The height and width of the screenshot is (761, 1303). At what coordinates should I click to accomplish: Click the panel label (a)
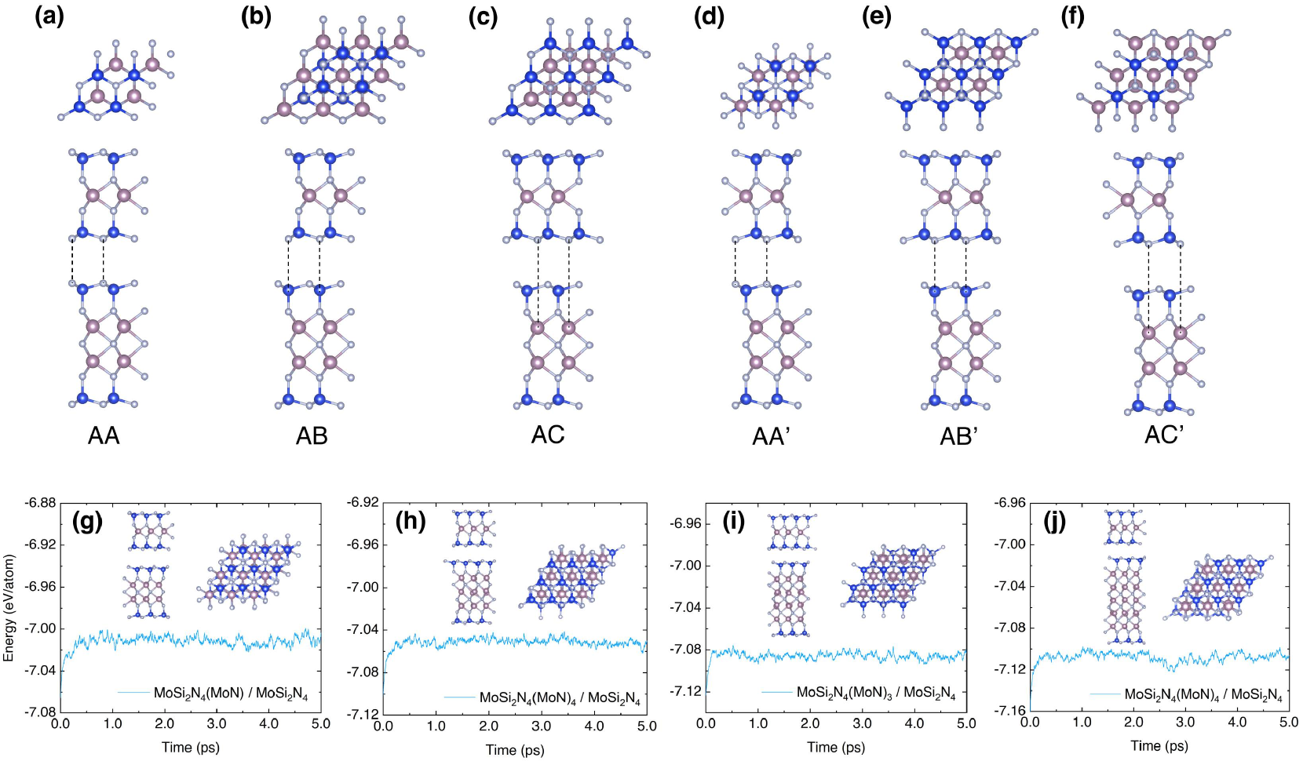(x=49, y=16)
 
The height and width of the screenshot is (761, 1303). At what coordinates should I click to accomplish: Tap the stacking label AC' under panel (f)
(x=1164, y=434)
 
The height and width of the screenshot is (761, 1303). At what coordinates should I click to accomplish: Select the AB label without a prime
(x=312, y=436)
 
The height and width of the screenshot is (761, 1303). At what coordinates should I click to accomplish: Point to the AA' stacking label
(x=771, y=436)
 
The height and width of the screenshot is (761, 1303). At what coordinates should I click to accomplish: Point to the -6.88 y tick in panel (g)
(x=41, y=502)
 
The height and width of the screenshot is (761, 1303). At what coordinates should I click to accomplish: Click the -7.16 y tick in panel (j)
(x=1011, y=711)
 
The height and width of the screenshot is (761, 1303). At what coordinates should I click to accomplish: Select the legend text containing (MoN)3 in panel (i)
(x=876, y=693)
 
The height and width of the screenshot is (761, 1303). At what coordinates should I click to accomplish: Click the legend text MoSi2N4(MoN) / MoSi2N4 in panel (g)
(x=231, y=694)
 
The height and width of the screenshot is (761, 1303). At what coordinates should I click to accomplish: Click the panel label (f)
(x=1072, y=16)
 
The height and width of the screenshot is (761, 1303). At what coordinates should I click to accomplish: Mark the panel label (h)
(x=410, y=522)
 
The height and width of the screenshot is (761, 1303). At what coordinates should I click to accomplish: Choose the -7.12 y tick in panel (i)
(x=687, y=691)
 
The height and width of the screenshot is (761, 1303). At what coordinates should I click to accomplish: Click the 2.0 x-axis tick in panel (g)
(x=165, y=723)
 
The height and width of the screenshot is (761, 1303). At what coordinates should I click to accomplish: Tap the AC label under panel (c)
(x=548, y=435)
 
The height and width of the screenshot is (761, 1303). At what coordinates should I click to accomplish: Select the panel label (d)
(x=709, y=16)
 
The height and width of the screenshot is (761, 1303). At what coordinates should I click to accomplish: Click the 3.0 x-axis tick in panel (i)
(x=862, y=723)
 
